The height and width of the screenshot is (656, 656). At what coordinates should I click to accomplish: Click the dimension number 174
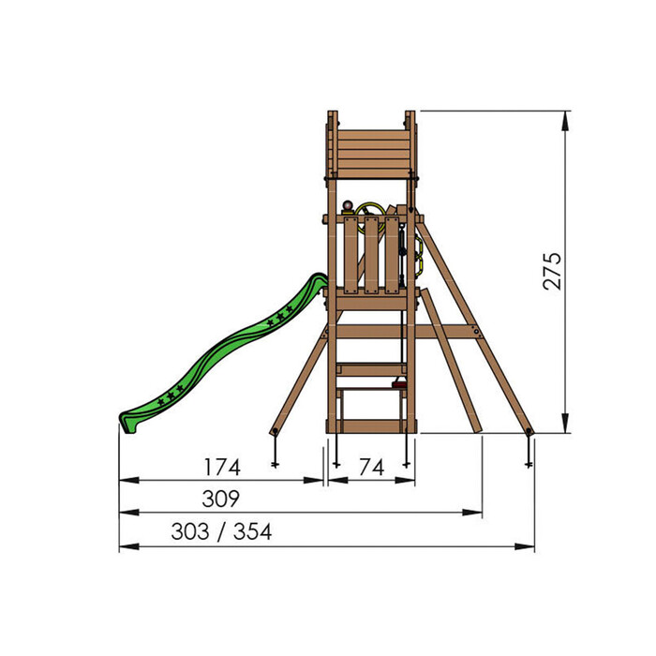(222, 467)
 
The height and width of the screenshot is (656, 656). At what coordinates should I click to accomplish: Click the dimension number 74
(371, 467)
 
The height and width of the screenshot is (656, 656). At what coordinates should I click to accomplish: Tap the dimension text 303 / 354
(222, 532)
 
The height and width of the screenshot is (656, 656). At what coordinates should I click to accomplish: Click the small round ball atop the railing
(350, 207)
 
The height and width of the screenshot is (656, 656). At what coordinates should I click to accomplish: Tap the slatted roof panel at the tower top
(371, 150)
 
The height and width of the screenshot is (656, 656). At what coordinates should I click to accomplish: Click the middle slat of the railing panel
(371, 255)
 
